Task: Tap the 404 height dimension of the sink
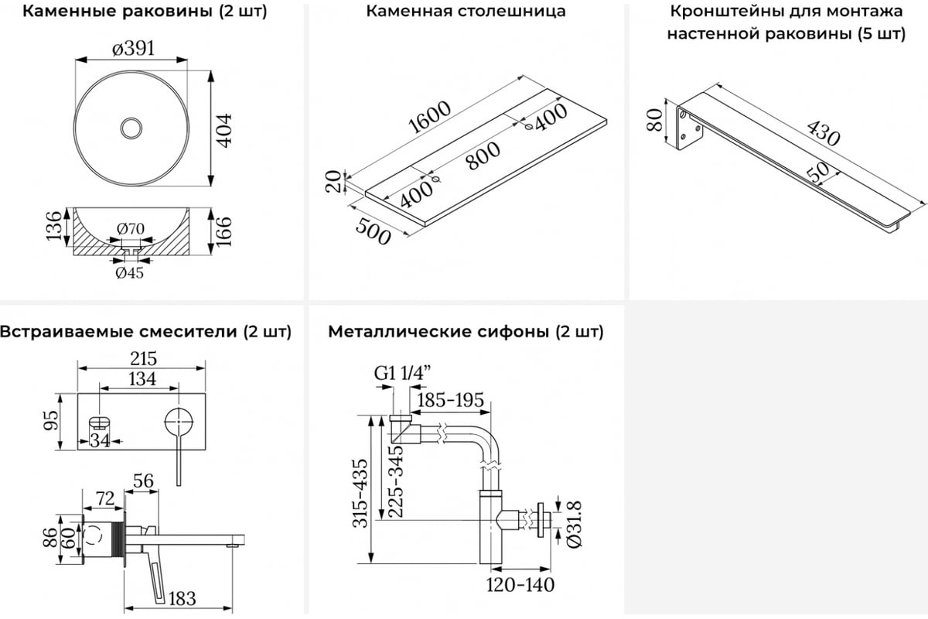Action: click(x=224, y=128)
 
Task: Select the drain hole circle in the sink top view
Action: click(x=132, y=128)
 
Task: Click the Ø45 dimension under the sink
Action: click(x=129, y=272)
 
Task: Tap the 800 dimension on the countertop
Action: click(x=483, y=155)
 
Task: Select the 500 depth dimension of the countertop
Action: click(x=373, y=230)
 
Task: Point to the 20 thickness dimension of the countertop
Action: click(x=333, y=183)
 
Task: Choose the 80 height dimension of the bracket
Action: click(x=654, y=121)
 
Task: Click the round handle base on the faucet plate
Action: click(x=179, y=422)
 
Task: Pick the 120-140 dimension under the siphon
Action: click(x=520, y=584)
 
